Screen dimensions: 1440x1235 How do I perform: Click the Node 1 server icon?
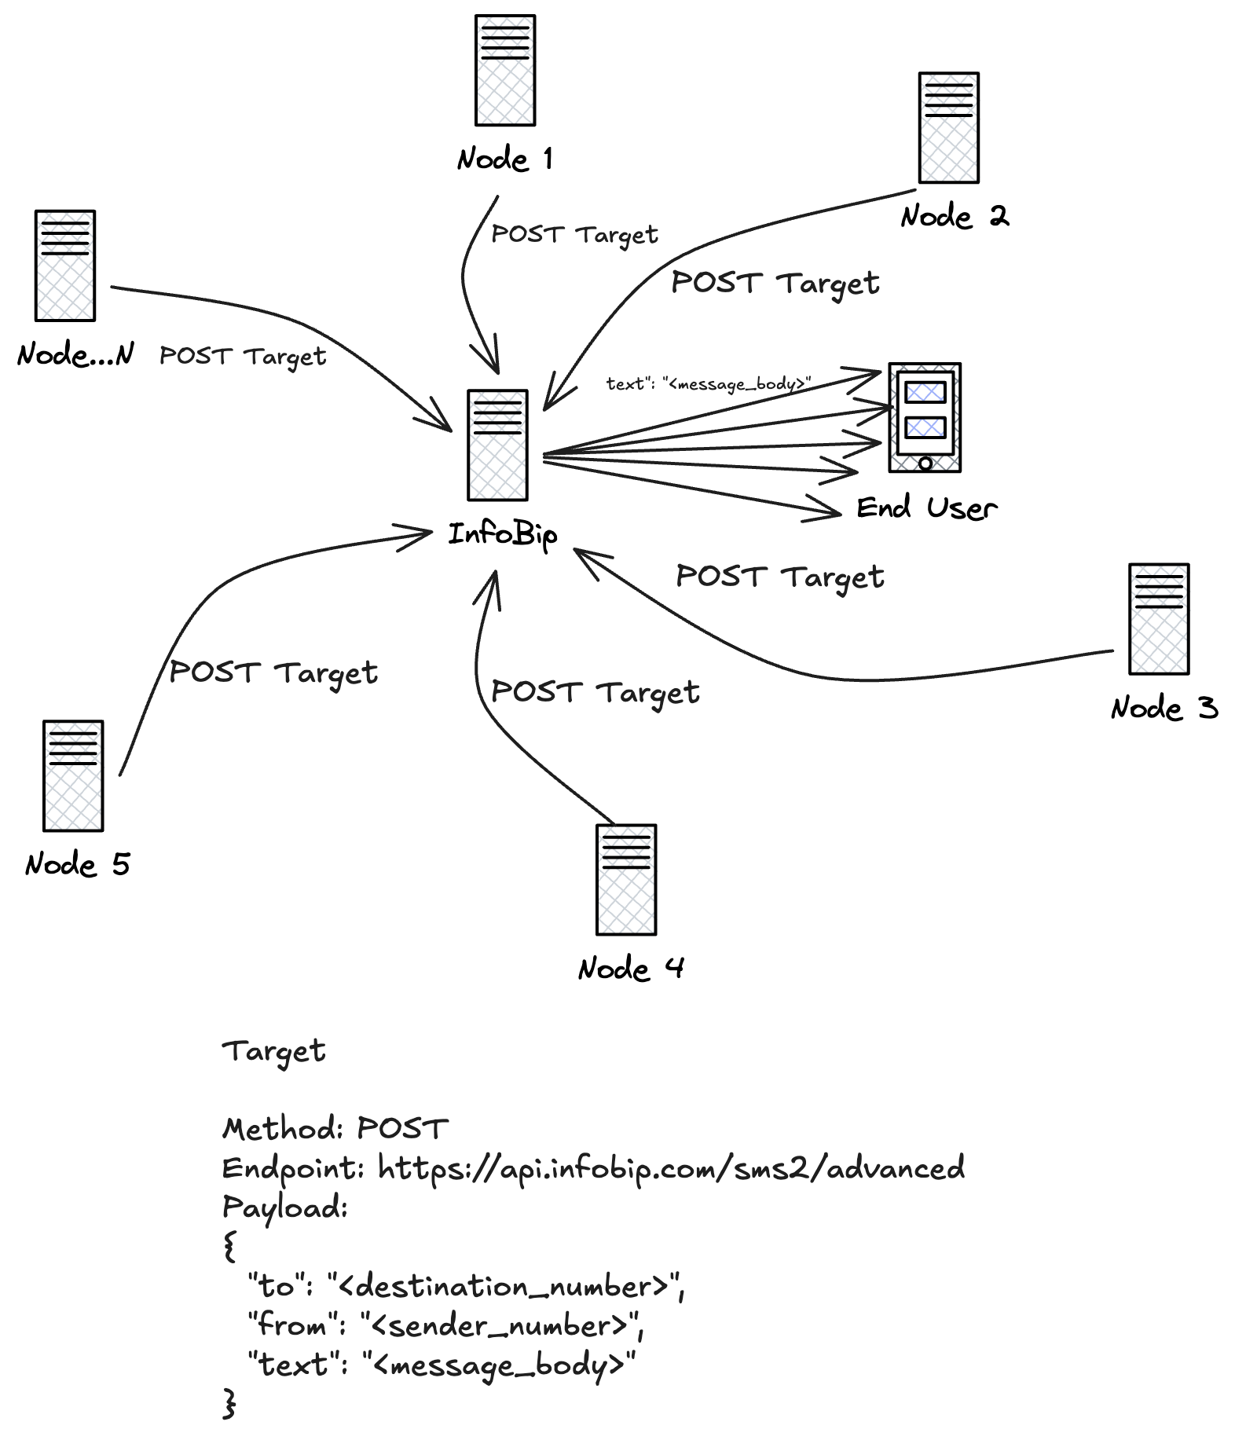click(504, 70)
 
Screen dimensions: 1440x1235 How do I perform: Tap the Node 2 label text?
click(954, 216)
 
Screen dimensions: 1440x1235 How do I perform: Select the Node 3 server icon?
click(1158, 619)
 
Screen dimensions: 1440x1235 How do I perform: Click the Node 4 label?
click(630, 968)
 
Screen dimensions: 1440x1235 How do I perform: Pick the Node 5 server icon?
click(73, 775)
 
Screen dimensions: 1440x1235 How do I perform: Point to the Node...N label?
click(75, 354)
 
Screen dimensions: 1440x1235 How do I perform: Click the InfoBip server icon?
click(497, 445)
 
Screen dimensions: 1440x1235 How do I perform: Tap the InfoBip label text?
click(503, 535)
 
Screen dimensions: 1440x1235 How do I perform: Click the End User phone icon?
click(924, 417)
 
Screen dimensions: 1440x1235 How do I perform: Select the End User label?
click(926, 508)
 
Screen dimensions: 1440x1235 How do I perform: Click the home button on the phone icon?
click(925, 464)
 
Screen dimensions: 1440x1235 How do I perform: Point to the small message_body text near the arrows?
click(708, 384)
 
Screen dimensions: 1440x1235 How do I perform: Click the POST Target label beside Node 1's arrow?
click(574, 234)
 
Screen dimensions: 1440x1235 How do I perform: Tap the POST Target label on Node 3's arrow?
click(779, 577)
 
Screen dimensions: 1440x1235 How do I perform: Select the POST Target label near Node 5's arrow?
click(273, 673)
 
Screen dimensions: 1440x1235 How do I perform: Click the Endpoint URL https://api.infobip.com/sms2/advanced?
click(671, 1168)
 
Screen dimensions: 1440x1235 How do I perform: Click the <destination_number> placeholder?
click(505, 1287)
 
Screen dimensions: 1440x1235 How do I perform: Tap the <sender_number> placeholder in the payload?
click(501, 1326)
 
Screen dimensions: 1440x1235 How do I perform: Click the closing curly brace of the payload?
click(229, 1403)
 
